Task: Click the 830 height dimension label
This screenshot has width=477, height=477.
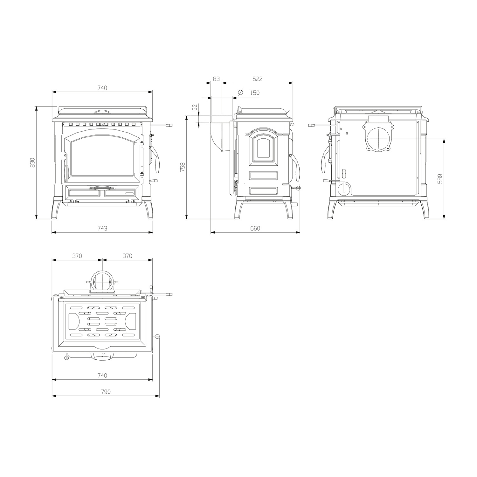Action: tap(32, 163)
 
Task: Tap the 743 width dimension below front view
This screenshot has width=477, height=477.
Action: tap(102, 228)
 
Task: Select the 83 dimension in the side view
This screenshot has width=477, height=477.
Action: tap(216, 79)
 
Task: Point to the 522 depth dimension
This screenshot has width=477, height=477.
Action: tap(257, 79)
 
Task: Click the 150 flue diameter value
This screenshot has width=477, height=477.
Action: tap(255, 93)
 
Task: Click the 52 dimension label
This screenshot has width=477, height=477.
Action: tap(195, 107)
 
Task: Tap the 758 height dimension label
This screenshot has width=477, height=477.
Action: tap(183, 167)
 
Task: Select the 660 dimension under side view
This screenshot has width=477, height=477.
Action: tap(255, 228)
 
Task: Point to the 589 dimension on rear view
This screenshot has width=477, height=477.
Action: tap(440, 179)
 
